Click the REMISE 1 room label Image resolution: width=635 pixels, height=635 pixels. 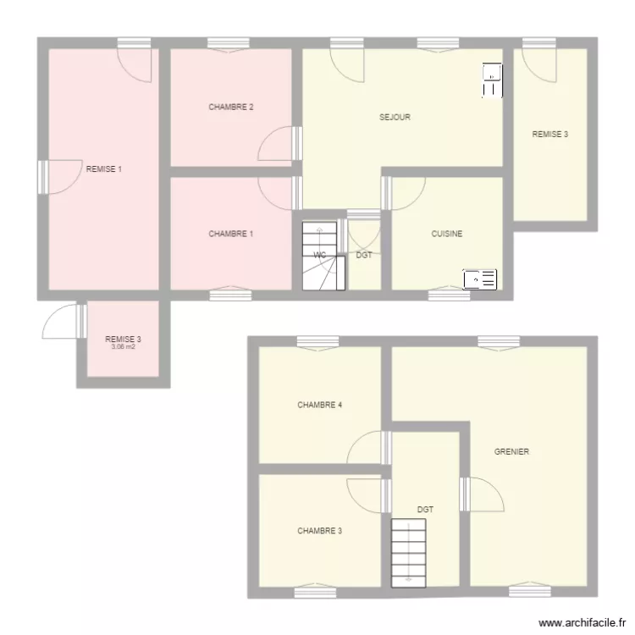click(104, 169)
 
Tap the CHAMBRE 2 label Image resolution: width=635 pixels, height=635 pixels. click(231, 107)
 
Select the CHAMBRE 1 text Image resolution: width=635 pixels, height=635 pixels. click(231, 234)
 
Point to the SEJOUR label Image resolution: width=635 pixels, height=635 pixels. click(395, 118)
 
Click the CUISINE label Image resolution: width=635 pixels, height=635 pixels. click(447, 234)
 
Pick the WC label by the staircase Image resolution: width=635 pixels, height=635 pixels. click(320, 254)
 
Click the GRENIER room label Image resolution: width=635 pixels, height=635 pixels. click(511, 452)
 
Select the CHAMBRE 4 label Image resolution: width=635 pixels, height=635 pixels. click(319, 405)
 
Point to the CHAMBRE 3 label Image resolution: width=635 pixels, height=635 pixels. click(319, 532)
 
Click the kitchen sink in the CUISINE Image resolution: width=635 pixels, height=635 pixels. click(479, 279)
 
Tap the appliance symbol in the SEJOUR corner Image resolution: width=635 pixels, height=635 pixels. click(492, 80)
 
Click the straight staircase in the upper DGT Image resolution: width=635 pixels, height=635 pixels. click(409, 550)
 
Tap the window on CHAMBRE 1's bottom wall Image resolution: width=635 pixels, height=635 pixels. click(230, 295)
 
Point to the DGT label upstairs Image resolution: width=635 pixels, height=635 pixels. click(425, 510)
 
